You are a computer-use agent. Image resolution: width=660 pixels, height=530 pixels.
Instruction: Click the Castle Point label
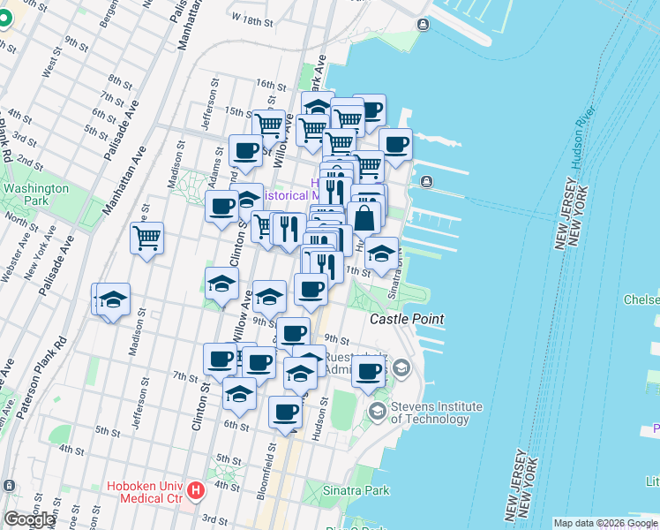[x=406, y=318]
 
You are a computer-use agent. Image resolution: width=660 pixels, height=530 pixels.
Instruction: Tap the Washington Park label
[x=35, y=194]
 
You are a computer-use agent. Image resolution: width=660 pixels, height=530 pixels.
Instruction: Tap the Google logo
[x=29, y=519]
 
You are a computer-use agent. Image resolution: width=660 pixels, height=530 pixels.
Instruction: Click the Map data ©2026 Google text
[x=605, y=523]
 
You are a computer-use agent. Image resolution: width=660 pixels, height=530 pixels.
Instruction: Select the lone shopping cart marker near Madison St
[x=146, y=237]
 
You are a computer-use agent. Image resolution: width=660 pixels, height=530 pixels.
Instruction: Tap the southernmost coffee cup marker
[x=284, y=412]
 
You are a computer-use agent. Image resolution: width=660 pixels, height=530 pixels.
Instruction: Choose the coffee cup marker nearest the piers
[x=395, y=143]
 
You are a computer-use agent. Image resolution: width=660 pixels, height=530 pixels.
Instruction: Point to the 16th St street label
[x=266, y=84]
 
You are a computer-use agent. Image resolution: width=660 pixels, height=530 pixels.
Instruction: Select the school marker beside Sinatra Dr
[x=380, y=253]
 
